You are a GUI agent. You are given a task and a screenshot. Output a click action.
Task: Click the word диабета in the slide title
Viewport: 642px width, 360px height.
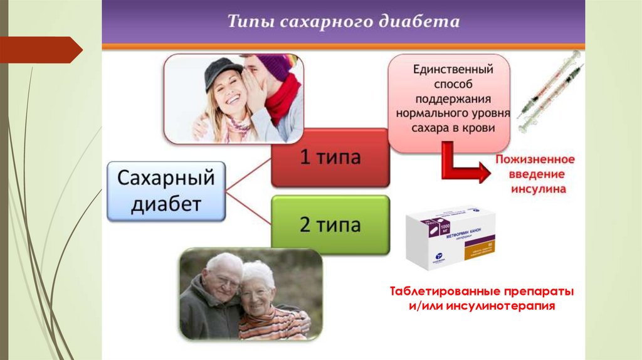click(x=419, y=22)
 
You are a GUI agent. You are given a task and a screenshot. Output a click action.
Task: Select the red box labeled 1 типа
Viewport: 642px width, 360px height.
click(x=330, y=157)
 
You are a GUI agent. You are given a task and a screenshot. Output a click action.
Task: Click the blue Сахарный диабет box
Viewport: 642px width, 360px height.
click(x=166, y=191)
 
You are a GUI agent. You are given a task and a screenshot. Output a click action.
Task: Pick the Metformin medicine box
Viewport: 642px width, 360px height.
click(x=450, y=238)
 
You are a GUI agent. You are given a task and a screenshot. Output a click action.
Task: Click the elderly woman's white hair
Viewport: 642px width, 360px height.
click(x=259, y=271)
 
